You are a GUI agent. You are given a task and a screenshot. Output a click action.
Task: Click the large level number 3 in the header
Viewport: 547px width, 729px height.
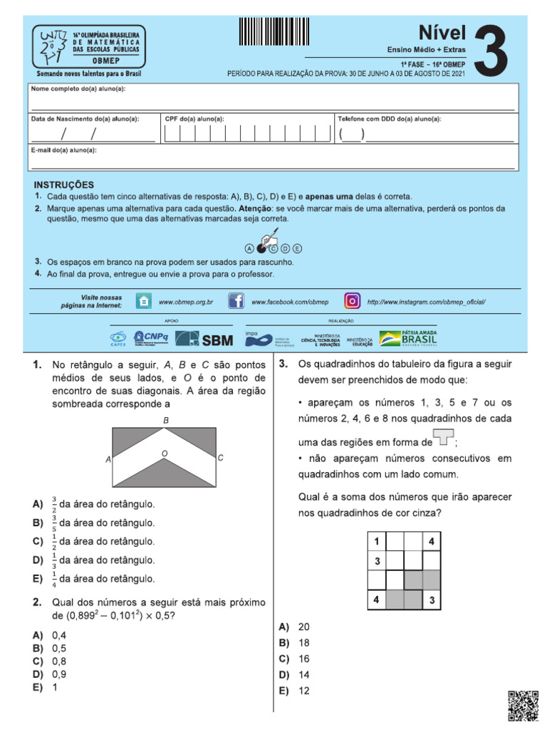(x=492, y=50)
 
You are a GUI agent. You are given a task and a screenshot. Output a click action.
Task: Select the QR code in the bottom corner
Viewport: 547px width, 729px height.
(x=523, y=706)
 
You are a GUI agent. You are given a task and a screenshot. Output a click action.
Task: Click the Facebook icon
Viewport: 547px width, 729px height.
(x=236, y=301)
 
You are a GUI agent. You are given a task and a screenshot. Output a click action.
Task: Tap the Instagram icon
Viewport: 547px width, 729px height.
(x=353, y=301)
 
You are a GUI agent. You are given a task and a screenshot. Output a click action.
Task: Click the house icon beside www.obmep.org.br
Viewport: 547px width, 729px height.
(x=143, y=301)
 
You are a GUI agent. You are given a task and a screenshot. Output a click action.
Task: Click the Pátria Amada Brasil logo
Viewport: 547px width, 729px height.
(x=408, y=338)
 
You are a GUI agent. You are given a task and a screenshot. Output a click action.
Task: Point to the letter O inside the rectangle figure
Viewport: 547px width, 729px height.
(x=164, y=453)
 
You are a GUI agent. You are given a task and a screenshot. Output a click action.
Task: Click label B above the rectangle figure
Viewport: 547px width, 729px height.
(x=166, y=421)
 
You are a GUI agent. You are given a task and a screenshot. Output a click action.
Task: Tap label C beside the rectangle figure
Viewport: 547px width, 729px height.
(x=221, y=458)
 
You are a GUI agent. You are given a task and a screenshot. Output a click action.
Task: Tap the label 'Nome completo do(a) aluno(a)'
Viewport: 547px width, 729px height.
(x=78, y=89)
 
